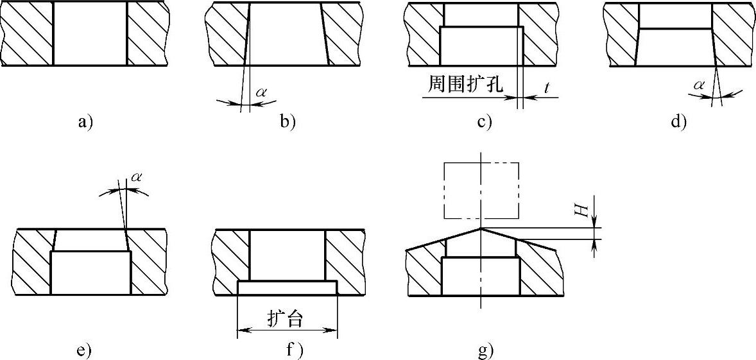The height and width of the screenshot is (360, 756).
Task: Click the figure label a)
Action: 85,121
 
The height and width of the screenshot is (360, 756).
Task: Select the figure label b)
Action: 287,121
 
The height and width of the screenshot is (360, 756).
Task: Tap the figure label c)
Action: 484,121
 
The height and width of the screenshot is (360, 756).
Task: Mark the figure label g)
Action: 485,350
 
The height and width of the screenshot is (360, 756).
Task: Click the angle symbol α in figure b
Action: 261,92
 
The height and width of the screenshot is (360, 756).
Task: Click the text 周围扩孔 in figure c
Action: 465,83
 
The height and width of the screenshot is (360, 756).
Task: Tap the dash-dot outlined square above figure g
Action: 481,190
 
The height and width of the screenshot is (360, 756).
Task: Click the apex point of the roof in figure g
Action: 481,228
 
